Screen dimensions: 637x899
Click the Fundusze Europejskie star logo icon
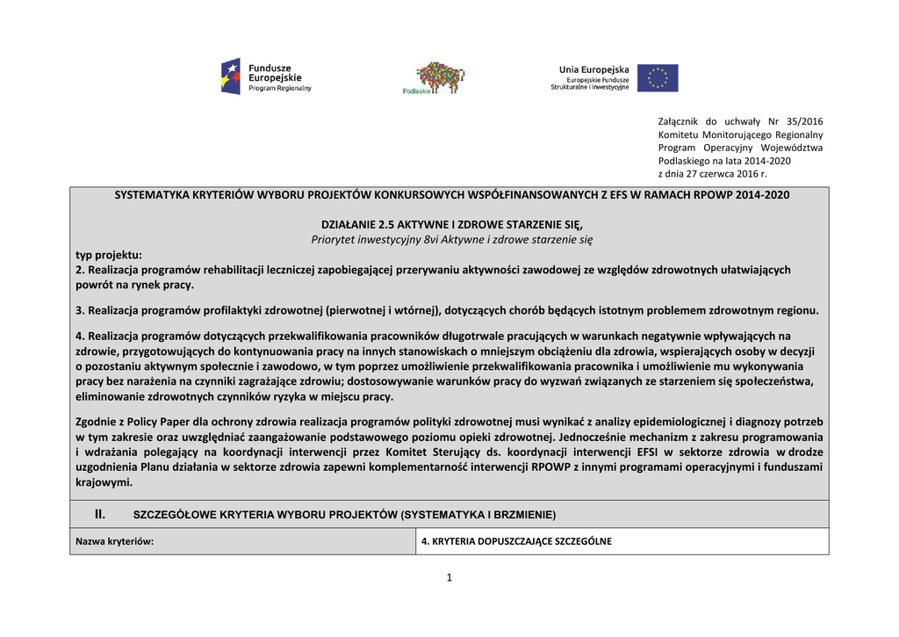click(x=230, y=76)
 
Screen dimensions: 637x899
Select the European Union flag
click(x=658, y=78)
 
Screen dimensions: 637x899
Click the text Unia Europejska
click(x=594, y=69)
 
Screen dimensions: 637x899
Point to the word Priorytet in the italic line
click(x=334, y=239)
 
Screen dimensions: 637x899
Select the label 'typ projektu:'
click(x=109, y=254)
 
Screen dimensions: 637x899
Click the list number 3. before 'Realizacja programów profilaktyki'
click(x=80, y=310)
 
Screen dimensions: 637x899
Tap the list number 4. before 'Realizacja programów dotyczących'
click(x=80, y=336)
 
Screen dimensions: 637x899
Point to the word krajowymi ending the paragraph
click(x=103, y=482)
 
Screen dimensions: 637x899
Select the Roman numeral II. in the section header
click(x=100, y=513)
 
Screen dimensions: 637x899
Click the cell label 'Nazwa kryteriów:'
click(x=115, y=541)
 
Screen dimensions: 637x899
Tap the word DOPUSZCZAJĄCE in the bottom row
click(x=514, y=541)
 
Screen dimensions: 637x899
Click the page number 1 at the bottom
click(x=449, y=577)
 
